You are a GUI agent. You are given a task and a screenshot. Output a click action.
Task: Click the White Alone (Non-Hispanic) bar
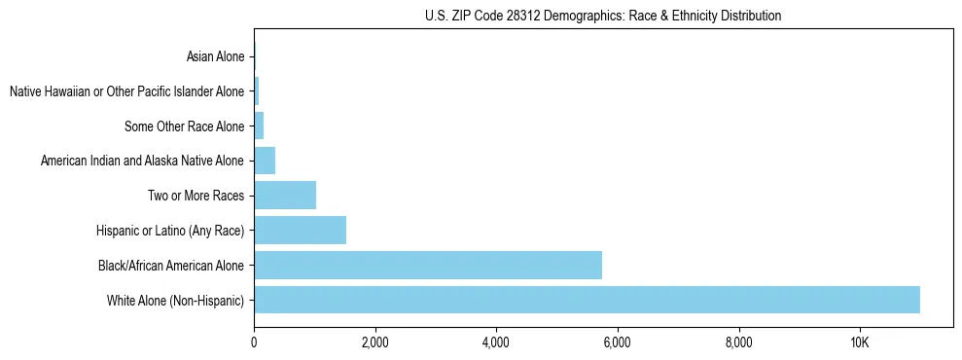tap(587, 300)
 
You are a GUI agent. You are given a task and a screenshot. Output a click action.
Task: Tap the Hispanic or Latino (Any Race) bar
tap(300, 230)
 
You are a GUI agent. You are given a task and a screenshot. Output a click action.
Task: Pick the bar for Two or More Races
tap(285, 196)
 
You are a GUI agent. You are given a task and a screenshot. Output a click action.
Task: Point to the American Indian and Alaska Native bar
tap(265, 161)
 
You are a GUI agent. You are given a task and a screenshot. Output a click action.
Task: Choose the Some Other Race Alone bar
tap(259, 126)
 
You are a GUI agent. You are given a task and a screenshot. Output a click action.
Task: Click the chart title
tap(603, 16)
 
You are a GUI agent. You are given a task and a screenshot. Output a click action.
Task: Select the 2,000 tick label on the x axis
tap(374, 342)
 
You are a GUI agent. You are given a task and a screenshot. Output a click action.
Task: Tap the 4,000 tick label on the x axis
tap(496, 342)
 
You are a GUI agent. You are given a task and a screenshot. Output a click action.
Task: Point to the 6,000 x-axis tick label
tap(618, 342)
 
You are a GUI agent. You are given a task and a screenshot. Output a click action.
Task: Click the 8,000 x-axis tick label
tap(739, 342)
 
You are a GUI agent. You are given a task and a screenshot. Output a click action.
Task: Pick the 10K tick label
tap(860, 342)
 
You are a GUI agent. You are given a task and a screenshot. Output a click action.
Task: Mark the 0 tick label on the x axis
tap(254, 342)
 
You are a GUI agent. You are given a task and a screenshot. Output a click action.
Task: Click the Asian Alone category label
tap(216, 57)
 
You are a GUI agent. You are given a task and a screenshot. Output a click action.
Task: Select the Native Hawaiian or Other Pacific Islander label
tap(126, 92)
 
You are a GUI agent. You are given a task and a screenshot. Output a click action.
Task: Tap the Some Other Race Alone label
tap(185, 126)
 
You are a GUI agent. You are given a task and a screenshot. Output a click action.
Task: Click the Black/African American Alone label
tap(172, 265)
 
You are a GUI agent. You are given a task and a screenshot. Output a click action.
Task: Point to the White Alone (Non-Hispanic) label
tap(176, 300)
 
